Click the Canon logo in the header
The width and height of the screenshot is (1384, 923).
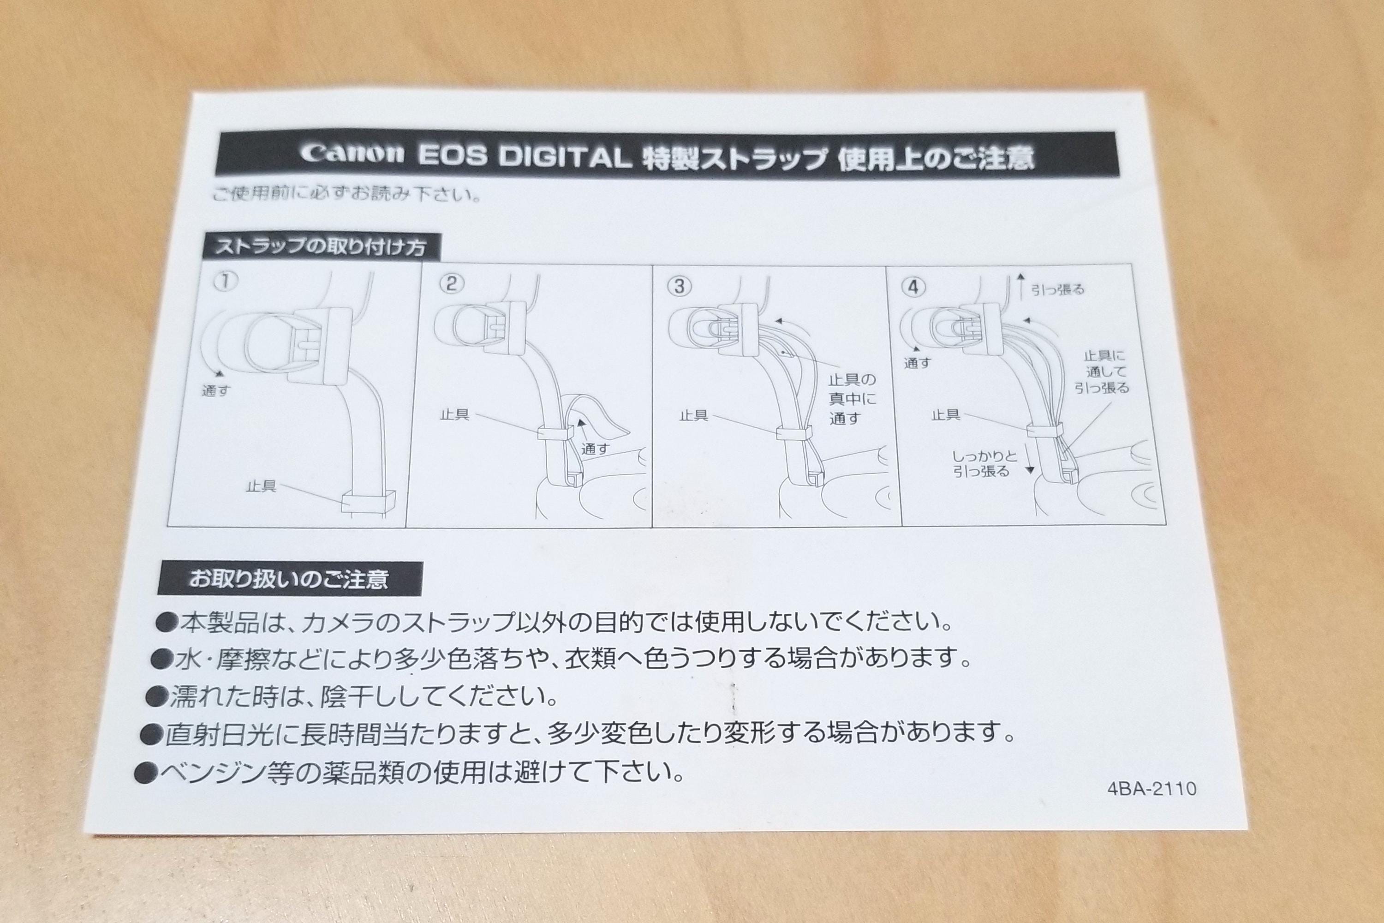point(352,154)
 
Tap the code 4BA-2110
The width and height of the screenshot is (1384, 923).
point(1151,789)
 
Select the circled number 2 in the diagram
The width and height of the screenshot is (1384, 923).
point(451,284)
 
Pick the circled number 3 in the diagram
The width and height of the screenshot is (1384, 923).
point(680,286)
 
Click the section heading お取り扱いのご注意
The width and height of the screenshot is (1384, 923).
point(288,579)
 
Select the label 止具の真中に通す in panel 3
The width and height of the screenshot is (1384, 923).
point(853,399)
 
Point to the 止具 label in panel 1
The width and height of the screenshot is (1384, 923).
point(261,487)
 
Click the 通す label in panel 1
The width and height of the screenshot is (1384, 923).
point(215,391)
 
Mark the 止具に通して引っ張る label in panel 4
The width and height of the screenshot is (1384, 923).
point(1102,372)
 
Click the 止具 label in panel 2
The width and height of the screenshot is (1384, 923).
point(455,414)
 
